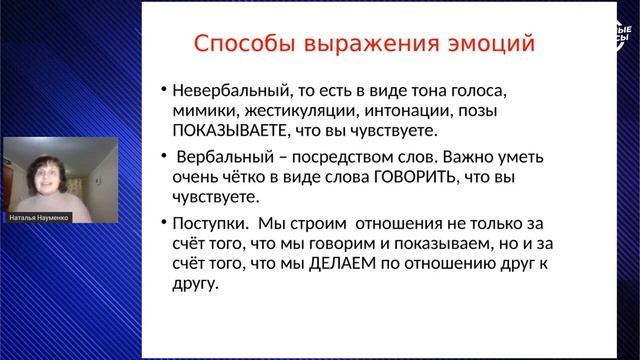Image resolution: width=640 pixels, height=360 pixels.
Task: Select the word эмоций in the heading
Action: click(491, 45)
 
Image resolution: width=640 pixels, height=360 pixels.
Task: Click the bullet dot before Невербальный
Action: click(163, 88)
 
